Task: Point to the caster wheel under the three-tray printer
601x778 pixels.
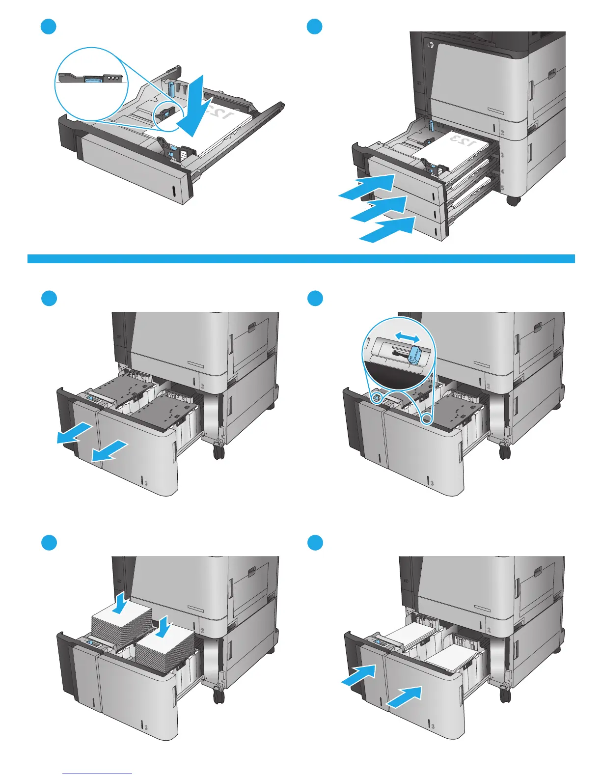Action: (513, 201)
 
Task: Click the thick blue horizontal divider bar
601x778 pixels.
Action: (300, 259)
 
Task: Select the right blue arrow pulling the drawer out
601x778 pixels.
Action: (110, 451)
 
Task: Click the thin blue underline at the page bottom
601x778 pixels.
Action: (98, 774)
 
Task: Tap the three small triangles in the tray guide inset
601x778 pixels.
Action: (113, 78)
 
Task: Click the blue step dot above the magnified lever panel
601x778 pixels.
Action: (315, 299)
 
